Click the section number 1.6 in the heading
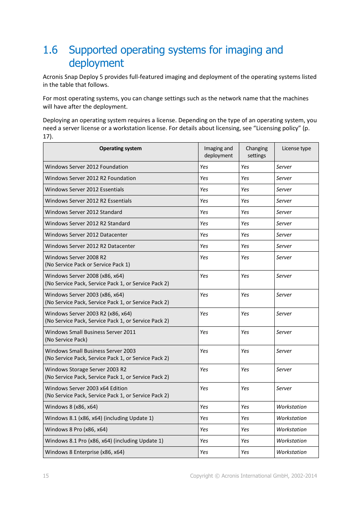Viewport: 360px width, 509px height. coord(50,50)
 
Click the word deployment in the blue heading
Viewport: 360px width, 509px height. coord(96,63)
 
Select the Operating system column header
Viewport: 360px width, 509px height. coord(120,149)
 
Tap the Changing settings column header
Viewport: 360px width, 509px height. coord(257,152)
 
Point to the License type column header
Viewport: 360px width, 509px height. coord(296,149)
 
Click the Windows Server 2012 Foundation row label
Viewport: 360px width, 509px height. coord(86,167)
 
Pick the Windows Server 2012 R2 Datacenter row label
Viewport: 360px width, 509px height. coord(90,246)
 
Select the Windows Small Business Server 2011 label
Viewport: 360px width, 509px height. coord(90,332)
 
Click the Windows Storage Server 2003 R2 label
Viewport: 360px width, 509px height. coord(86,370)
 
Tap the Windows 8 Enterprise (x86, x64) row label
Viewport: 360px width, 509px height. coord(85,452)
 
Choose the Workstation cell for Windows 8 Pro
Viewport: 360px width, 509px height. coord(291,430)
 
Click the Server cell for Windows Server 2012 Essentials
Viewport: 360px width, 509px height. coord(284,190)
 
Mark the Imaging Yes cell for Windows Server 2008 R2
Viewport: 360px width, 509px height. coord(204,258)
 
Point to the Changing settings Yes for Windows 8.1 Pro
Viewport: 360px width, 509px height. coord(245,441)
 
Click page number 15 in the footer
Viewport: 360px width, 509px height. coord(46,476)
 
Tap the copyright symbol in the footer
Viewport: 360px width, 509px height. coord(217,476)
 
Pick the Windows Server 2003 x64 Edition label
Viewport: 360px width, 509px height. coord(86,389)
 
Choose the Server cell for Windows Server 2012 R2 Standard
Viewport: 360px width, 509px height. coord(284,224)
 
